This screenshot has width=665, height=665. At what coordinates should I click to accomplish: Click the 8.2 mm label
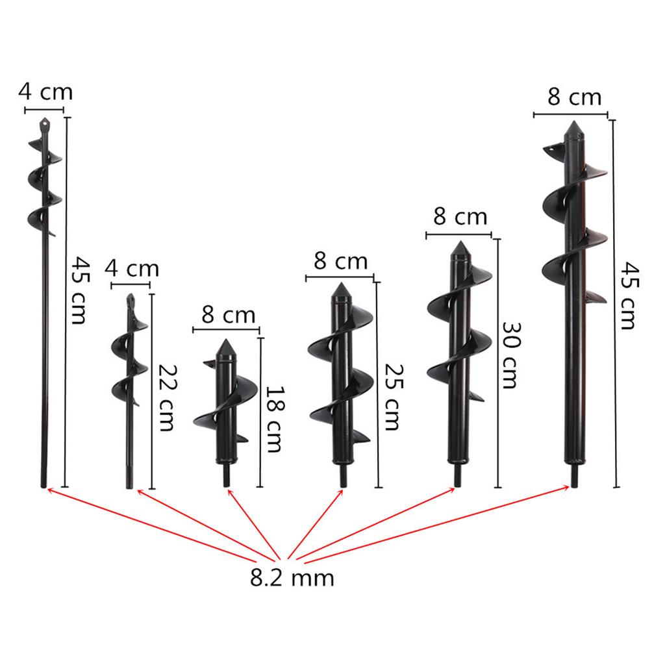[x=292, y=577]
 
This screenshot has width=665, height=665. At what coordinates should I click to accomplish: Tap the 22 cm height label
[x=167, y=398]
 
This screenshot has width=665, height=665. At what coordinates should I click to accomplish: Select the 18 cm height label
[x=275, y=419]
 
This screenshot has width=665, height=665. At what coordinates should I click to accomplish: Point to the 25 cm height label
[x=393, y=397]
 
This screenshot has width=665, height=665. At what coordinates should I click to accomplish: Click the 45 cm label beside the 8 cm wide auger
[x=629, y=295]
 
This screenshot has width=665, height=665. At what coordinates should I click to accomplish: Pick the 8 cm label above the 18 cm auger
[x=228, y=315]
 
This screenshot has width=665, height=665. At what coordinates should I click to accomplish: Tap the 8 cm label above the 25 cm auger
[x=340, y=261]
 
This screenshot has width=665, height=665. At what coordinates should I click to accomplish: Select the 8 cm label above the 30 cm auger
[x=460, y=217]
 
